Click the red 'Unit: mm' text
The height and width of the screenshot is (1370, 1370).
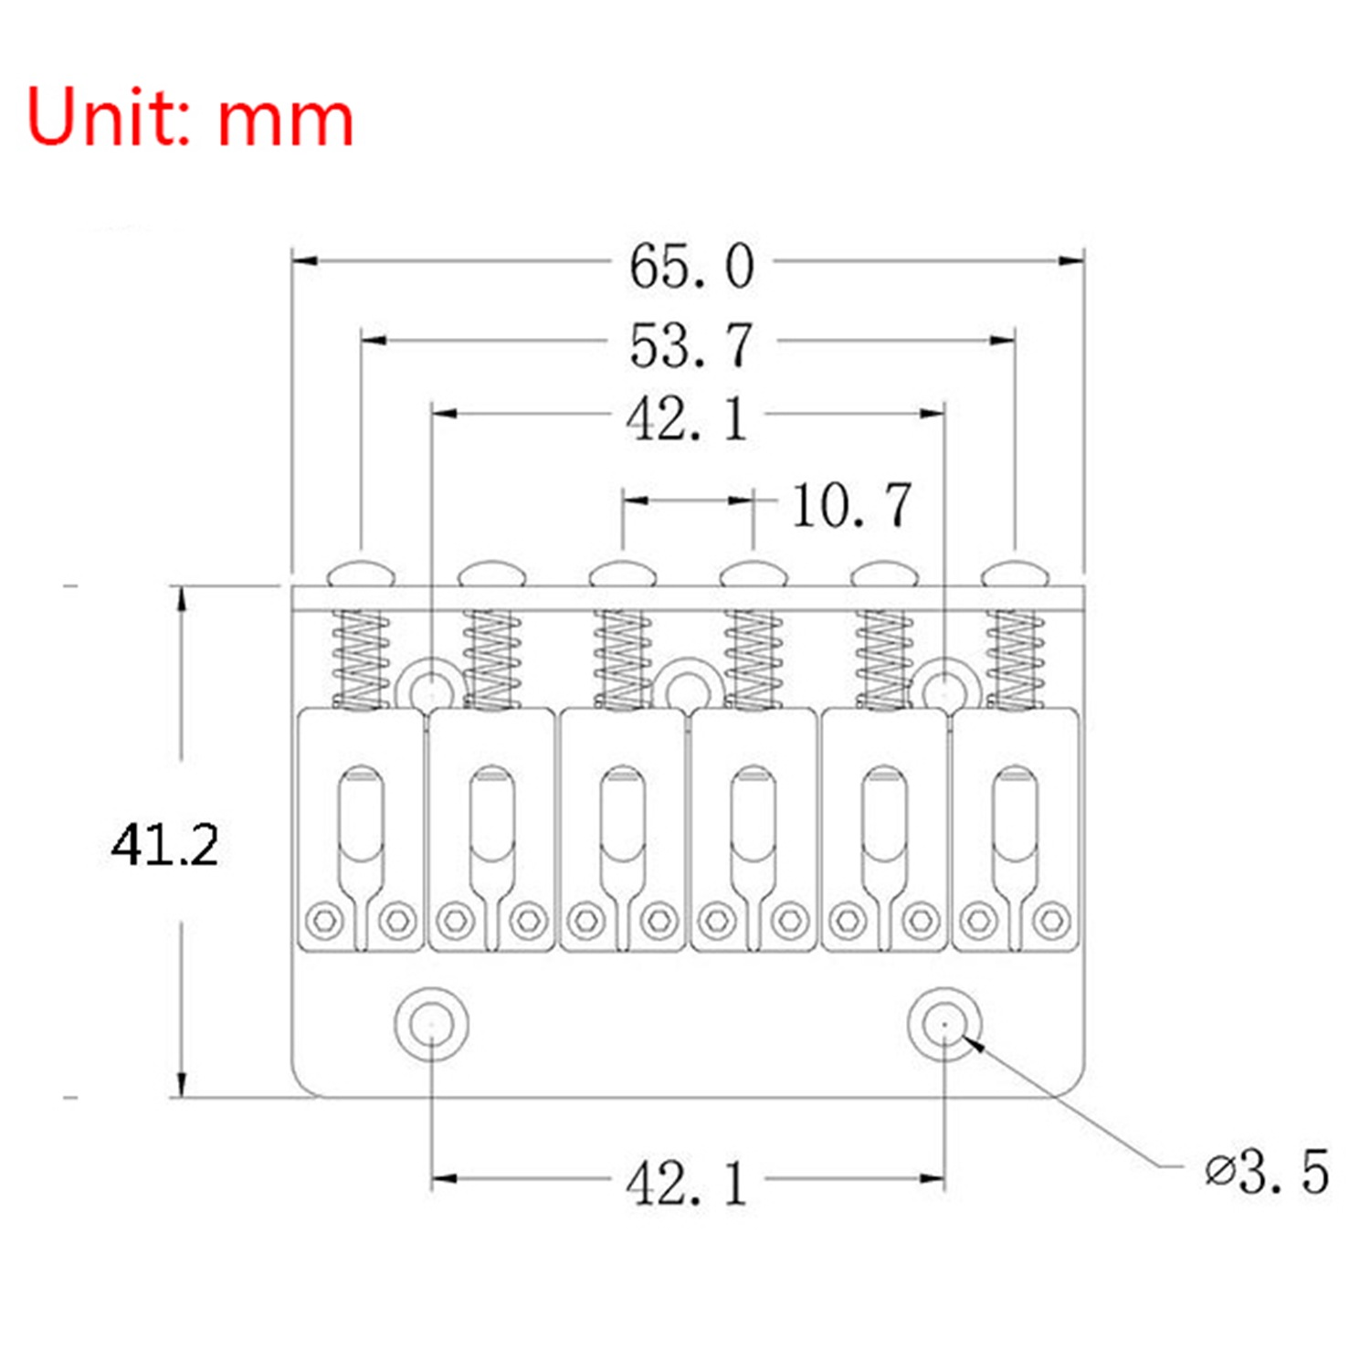click(190, 117)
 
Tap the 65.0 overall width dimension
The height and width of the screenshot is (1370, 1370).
click(691, 266)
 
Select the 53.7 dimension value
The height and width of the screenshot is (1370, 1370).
click(691, 345)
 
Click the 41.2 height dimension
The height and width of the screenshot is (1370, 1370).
click(165, 845)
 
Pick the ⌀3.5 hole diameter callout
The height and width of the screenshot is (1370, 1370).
click(1267, 1171)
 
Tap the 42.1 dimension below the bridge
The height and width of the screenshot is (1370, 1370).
click(687, 1184)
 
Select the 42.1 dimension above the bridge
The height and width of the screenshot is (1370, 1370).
click(687, 419)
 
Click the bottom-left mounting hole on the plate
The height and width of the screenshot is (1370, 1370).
click(431, 1023)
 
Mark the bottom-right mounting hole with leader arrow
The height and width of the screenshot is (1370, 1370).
click(944, 1023)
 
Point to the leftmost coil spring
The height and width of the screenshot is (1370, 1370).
click(361, 659)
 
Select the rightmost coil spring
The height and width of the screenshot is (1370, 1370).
click(1015, 659)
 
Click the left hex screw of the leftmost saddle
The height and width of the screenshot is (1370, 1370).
click(323, 920)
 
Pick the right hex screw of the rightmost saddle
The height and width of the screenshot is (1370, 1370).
click(1052, 920)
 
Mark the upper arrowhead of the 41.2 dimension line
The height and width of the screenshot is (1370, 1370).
click(182, 600)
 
